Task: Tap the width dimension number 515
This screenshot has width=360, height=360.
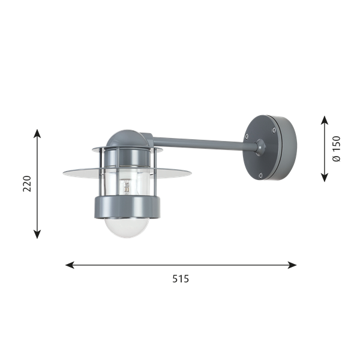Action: [x=181, y=279]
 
